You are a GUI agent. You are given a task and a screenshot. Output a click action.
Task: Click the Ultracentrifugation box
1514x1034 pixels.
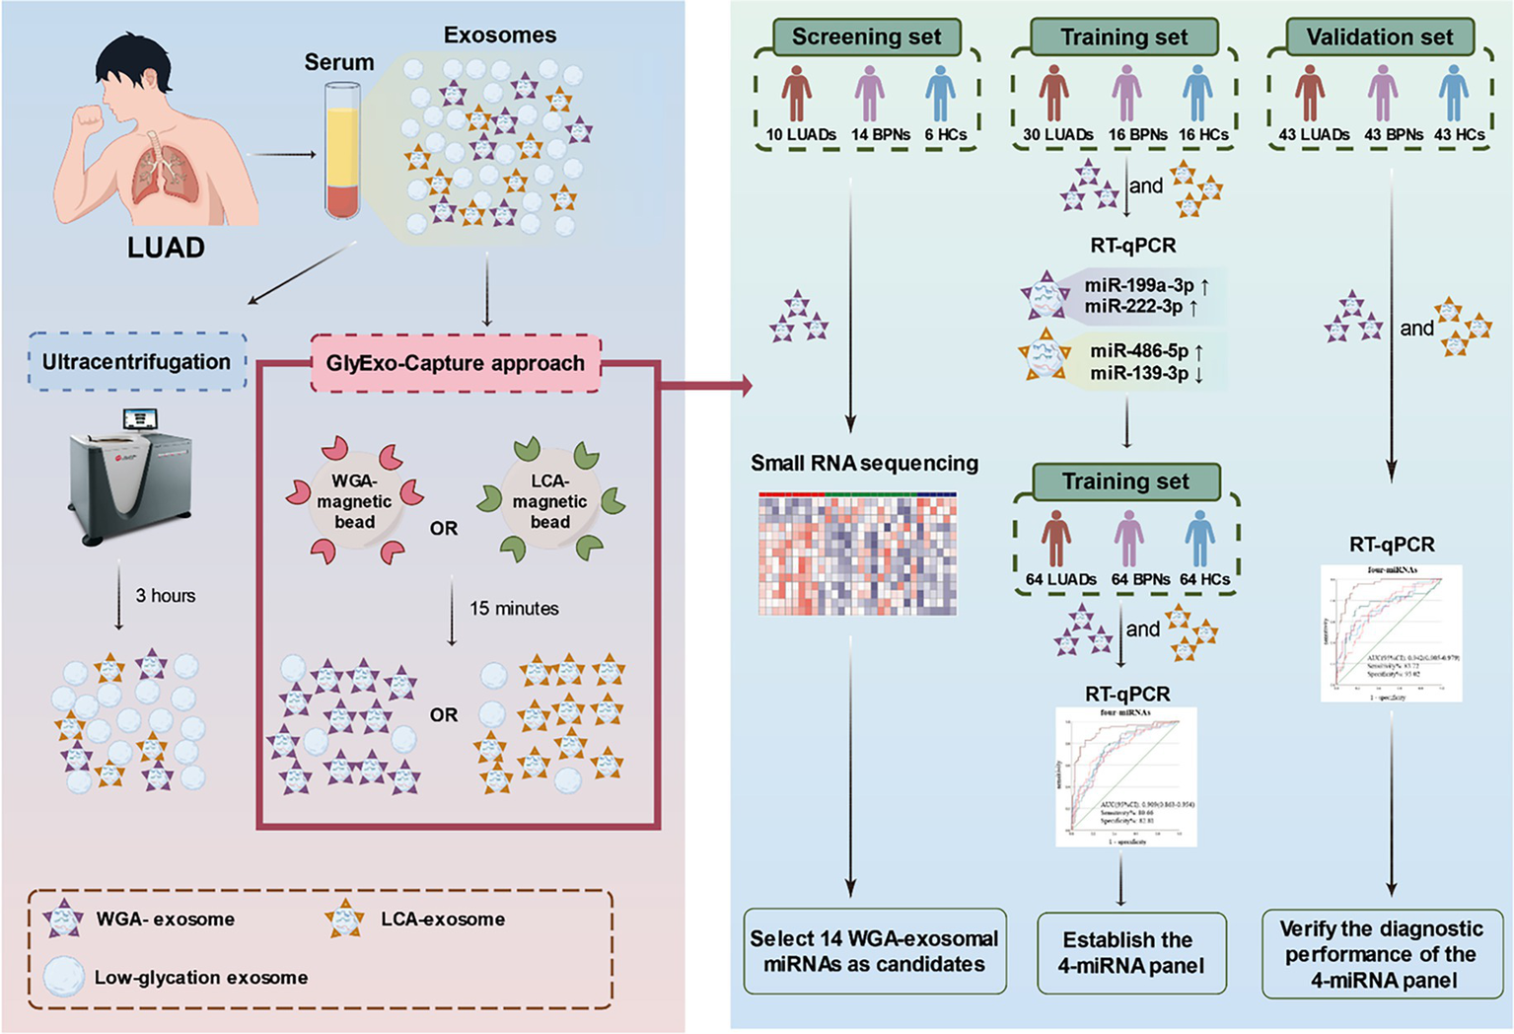136,362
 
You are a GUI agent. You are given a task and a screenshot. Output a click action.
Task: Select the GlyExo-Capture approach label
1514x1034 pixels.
455,363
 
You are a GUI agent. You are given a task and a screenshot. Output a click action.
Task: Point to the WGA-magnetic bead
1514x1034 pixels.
354,501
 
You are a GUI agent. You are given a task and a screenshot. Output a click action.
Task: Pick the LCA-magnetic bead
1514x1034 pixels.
550,501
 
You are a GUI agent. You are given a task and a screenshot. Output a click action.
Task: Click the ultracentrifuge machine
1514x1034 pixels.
130,474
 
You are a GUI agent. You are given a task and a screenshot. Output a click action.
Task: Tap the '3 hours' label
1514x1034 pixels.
165,596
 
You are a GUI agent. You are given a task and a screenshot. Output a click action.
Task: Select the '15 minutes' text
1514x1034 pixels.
514,609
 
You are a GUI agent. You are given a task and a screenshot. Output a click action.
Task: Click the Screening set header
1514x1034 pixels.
866,37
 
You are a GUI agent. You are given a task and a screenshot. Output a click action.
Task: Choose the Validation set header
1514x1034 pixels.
1379,37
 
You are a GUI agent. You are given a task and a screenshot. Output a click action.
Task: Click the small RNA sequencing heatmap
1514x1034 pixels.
857,554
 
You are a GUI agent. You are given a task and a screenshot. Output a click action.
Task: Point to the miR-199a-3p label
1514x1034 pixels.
1138,285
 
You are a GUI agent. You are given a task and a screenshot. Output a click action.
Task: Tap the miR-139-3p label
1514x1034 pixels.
1138,374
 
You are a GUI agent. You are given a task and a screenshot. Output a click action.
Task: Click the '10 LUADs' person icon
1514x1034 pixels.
797,95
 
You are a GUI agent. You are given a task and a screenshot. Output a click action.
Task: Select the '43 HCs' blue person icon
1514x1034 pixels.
1454,95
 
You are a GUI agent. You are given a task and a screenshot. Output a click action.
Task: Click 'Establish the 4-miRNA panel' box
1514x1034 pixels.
1131,953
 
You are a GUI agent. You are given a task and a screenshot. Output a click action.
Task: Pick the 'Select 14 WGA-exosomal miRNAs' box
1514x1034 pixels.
874,951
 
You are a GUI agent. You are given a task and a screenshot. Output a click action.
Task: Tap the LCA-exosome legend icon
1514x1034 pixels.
344,919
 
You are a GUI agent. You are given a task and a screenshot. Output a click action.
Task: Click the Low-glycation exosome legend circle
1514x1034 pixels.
63,977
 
